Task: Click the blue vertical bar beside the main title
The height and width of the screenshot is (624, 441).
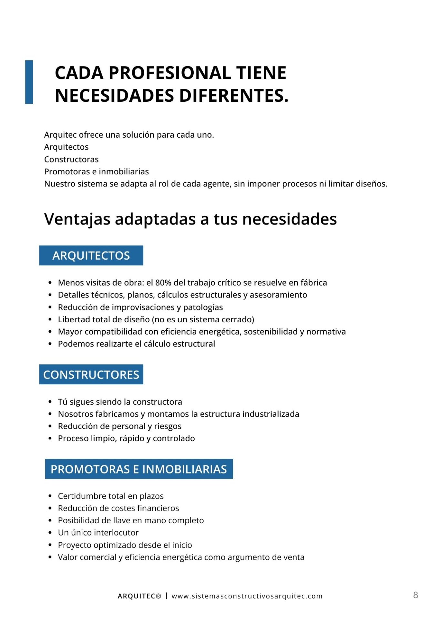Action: (x=29, y=82)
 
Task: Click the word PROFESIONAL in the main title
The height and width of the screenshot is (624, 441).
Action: (x=170, y=73)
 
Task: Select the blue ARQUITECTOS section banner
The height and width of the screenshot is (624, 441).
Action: (x=91, y=255)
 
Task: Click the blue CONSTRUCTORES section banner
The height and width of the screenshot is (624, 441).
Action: (x=91, y=375)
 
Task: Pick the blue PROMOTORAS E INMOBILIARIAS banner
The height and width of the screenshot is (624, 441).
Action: (x=139, y=469)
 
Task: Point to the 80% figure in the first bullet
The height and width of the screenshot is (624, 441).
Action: (x=163, y=283)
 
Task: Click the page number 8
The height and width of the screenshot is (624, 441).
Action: (x=415, y=595)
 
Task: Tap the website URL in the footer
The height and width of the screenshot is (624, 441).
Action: (x=247, y=596)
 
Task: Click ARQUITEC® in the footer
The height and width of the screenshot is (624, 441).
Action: (x=139, y=596)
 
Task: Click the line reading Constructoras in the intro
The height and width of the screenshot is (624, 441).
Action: (x=71, y=160)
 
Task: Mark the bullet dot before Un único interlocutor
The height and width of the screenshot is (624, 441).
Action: (x=50, y=533)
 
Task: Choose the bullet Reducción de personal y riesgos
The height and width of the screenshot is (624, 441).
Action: (x=119, y=426)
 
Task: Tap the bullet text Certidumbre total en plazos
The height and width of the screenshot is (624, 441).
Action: (x=111, y=496)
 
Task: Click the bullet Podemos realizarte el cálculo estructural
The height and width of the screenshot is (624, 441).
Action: (x=136, y=344)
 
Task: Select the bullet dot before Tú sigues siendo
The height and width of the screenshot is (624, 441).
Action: (x=50, y=402)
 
